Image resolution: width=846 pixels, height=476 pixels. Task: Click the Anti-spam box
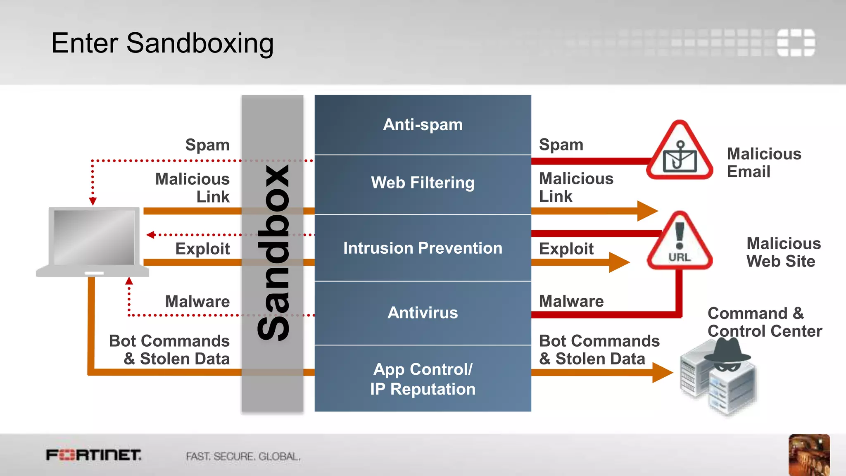pyautogui.click(x=423, y=125)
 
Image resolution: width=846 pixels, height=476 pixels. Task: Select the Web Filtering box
pyautogui.click(x=423, y=183)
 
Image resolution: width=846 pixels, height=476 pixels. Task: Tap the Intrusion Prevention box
pyautogui.click(x=423, y=248)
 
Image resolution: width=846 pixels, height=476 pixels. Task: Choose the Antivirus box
pyautogui.click(x=423, y=313)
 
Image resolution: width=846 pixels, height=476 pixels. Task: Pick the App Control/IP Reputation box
pyautogui.click(x=423, y=379)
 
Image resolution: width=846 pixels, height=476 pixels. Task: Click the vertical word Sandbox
pyautogui.click(x=273, y=253)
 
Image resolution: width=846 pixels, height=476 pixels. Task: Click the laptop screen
pyautogui.click(x=94, y=237)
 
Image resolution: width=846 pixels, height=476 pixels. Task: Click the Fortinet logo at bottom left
pyautogui.click(x=93, y=455)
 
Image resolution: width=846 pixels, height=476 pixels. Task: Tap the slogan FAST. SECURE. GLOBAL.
pyautogui.click(x=243, y=457)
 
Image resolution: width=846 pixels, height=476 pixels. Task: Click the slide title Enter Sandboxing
pyautogui.click(x=162, y=43)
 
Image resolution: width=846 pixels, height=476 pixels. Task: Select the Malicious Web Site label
pyautogui.click(x=783, y=252)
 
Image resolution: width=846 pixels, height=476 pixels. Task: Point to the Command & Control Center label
pyautogui.click(x=764, y=322)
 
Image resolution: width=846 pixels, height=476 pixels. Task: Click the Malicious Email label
pyautogui.click(x=764, y=163)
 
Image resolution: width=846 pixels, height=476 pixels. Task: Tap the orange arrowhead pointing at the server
pyautogui.click(x=663, y=373)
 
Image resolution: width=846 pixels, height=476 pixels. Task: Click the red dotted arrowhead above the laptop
pyautogui.click(x=93, y=201)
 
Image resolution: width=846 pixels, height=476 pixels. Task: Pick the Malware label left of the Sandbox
pyautogui.click(x=197, y=302)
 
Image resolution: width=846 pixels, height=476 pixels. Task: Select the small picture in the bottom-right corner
pyautogui.click(x=809, y=455)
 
